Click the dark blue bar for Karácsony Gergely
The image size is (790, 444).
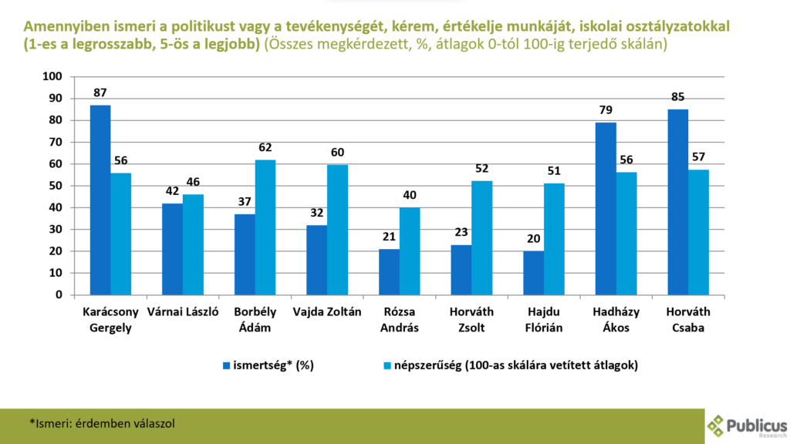coord(100,200)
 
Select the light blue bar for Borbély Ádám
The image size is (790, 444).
coord(265,227)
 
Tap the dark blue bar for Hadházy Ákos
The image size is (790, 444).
coord(606,208)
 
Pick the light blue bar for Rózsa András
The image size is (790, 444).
coord(410,251)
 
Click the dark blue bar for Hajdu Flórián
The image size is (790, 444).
coord(533,272)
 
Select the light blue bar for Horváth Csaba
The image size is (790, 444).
coord(698,232)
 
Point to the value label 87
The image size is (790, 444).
coord(100,93)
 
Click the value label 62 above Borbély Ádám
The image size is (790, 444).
coord(265,148)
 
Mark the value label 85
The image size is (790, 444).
coord(678,98)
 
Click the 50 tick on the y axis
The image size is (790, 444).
coord(55,186)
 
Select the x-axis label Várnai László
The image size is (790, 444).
coord(183,313)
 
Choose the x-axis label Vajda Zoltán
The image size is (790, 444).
coord(327,313)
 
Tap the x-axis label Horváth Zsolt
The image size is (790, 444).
coord(471,320)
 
